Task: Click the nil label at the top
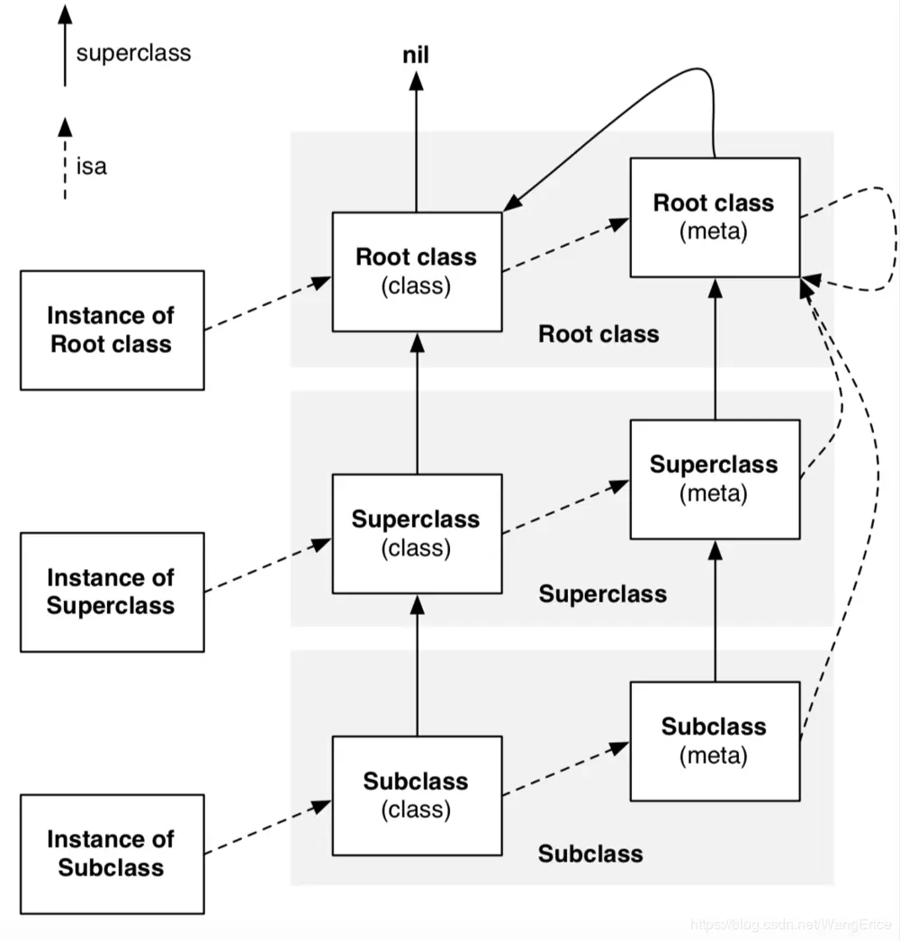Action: (416, 56)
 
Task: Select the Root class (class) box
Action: (416, 271)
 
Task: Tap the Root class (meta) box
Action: (715, 217)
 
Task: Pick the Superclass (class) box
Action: (416, 533)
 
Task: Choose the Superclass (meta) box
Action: (715, 479)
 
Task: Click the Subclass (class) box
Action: (416, 795)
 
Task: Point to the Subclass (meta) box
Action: (715, 740)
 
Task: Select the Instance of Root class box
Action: (112, 330)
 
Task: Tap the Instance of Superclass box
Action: (112, 592)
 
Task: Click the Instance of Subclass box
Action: (112, 854)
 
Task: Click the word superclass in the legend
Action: (133, 52)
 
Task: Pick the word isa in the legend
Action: (92, 166)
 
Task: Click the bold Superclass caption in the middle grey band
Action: (602, 594)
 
